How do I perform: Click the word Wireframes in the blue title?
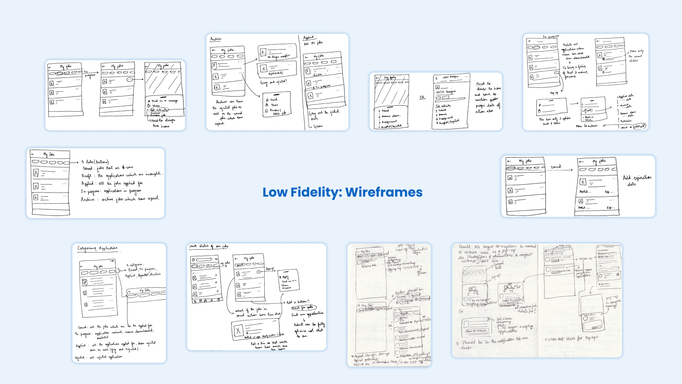[384, 192]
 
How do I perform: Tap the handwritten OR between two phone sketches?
[422, 97]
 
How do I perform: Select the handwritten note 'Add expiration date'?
[637, 180]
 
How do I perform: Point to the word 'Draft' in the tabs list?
[86, 176]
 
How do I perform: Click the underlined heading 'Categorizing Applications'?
[97, 248]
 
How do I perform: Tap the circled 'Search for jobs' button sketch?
[303, 308]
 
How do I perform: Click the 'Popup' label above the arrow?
[270, 269]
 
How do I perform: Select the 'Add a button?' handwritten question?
[298, 302]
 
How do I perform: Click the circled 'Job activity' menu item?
[159, 110]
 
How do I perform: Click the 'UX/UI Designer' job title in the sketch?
[445, 92]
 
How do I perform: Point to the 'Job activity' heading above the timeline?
[443, 106]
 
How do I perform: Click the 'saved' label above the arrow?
[556, 166]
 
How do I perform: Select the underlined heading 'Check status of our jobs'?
[209, 246]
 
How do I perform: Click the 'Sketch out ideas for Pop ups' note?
[571, 338]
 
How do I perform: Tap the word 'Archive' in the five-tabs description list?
[88, 200]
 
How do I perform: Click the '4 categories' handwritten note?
[135, 265]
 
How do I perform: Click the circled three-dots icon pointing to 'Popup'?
[259, 272]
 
